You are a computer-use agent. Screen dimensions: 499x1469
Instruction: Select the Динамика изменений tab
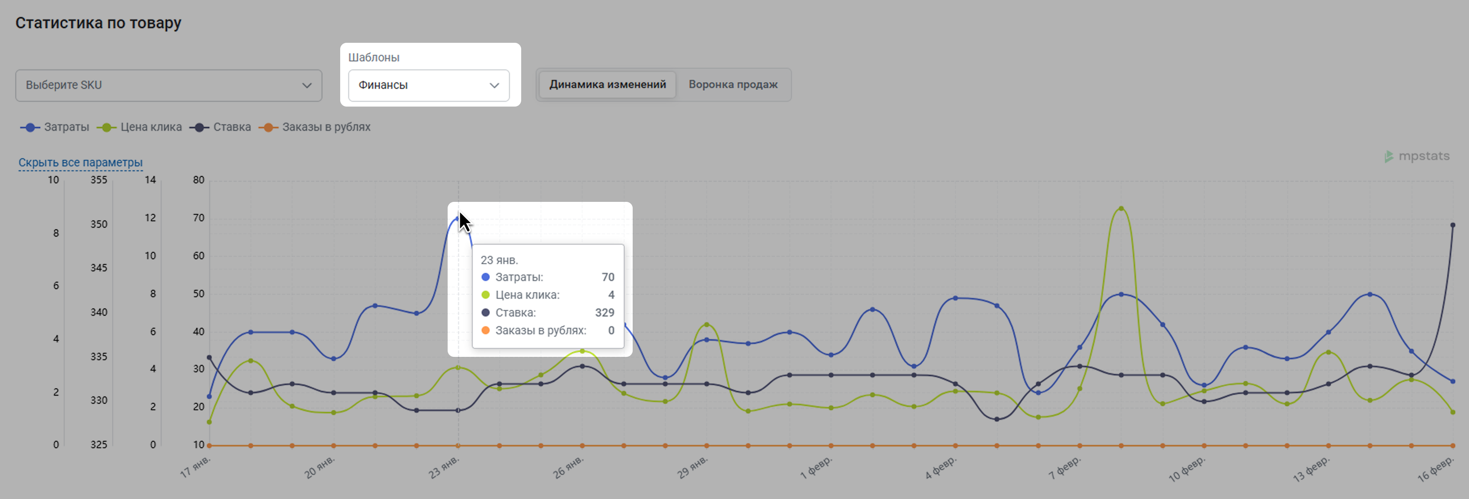pos(607,85)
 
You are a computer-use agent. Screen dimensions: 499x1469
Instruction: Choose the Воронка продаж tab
pos(733,85)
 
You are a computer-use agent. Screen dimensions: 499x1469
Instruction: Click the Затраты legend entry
pos(55,127)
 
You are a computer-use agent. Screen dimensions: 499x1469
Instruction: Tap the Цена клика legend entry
pos(140,127)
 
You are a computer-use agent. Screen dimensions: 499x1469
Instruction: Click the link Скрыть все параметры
pos(80,162)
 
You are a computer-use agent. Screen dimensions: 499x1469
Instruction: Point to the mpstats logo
pos(1417,156)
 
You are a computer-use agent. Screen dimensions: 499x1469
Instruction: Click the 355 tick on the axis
pos(99,180)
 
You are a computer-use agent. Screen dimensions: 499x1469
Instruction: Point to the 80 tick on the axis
pos(198,180)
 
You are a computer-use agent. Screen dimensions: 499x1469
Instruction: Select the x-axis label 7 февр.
pos(1065,468)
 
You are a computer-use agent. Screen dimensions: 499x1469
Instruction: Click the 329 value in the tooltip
pos(604,313)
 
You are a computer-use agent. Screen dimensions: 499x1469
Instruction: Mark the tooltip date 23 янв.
pos(499,260)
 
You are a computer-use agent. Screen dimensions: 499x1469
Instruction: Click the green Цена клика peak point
pos(1121,208)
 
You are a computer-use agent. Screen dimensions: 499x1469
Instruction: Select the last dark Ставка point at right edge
pos(1452,225)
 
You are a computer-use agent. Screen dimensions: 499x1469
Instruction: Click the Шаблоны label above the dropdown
pos(374,58)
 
